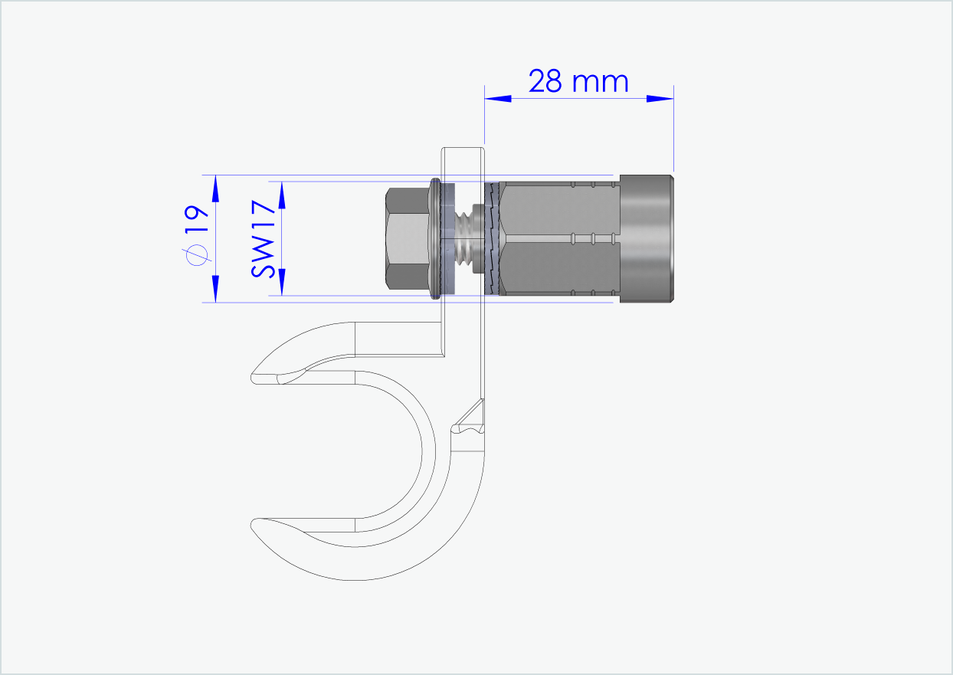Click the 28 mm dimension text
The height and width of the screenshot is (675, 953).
[x=578, y=81]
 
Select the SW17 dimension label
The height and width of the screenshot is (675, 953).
[x=264, y=238]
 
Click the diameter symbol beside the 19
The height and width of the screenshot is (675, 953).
[x=198, y=255]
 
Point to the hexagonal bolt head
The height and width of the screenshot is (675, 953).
[x=406, y=238]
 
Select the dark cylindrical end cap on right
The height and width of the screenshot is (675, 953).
[x=647, y=238]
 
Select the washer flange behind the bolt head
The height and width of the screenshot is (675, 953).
[x=435, y=238]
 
